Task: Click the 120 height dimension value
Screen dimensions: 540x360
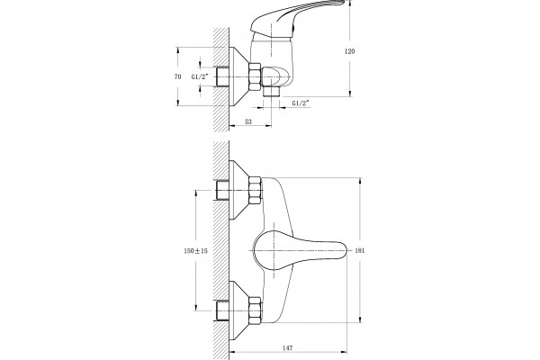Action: point(349,51)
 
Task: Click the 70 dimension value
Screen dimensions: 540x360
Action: point(177,76)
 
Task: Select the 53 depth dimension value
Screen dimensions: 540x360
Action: point(248,121)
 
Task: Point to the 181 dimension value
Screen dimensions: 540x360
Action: point(359,250)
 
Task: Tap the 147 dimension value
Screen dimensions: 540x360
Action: point(288,348)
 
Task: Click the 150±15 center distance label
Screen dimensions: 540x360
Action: point(196,251)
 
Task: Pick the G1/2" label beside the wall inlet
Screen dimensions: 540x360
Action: point(200,76)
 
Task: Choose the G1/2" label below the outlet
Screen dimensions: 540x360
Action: point(301,103)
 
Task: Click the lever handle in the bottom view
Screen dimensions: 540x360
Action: point(300,250)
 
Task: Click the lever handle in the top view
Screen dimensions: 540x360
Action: point(296,16)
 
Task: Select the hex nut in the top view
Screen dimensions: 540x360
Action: point(255,76)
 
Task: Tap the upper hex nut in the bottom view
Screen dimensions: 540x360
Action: point(255,190)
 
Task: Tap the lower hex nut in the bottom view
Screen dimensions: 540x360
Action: point(255,310)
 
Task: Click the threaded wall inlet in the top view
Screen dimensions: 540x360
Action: point(222,76)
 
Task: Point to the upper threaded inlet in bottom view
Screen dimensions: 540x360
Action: point(222,190)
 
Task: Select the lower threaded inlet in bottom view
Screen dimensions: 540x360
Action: point(222,310)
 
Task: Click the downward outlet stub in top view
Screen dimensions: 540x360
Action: point(271,92)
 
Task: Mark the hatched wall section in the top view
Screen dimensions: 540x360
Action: point(221,79)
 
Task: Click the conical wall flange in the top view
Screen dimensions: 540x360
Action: point(238,76)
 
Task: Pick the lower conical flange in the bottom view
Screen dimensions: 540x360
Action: point(238,310)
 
